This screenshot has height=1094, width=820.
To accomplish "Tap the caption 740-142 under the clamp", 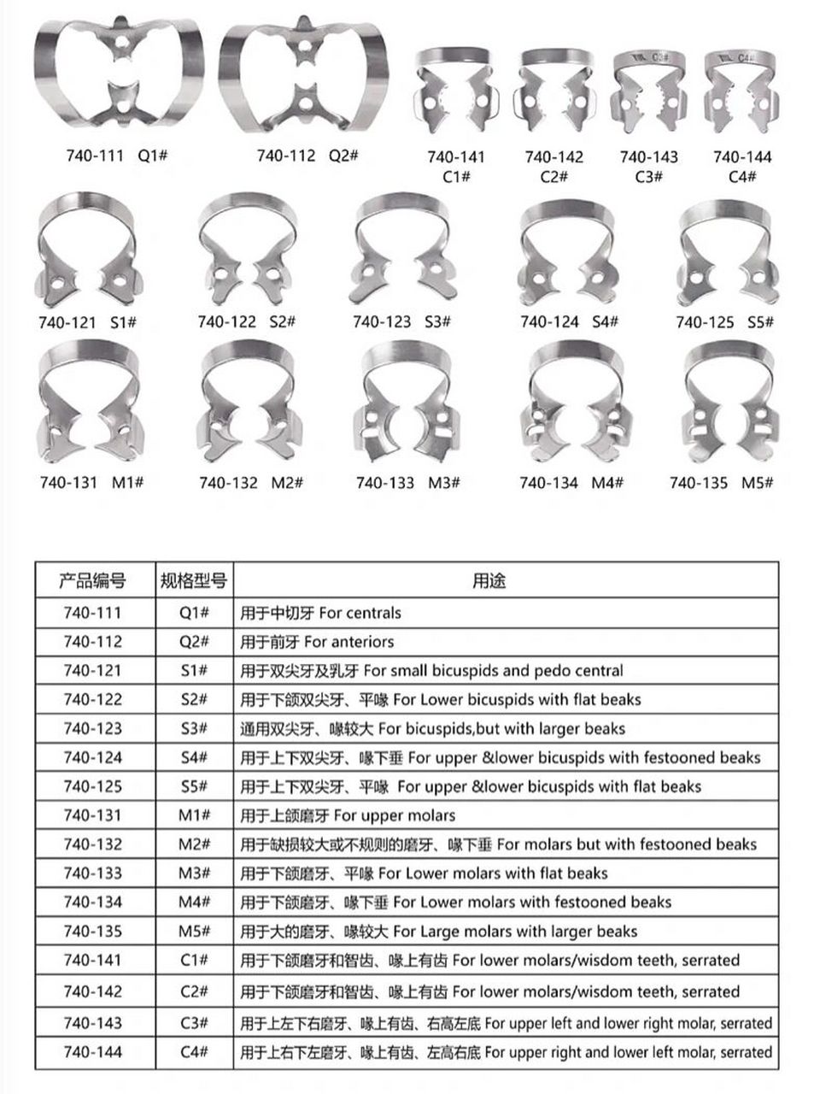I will tap(554, 157).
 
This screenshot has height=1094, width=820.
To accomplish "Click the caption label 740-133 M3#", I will tap(408, 483).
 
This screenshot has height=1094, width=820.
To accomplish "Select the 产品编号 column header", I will tap(92, 582).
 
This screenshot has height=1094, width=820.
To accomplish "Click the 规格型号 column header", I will tap(195, 582).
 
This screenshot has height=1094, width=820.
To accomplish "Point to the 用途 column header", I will tap(489, 582).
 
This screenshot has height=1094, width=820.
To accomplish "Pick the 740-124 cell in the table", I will tap(92, 757).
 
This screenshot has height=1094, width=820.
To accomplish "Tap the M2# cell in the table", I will tap(195, 844).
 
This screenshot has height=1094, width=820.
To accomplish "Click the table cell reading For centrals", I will tap(320, 613).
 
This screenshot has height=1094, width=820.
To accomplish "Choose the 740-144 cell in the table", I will tap(92, 1052).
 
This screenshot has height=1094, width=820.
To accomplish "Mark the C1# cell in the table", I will tap(195, 960).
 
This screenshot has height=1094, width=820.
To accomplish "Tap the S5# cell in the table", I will tap(195, 786).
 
